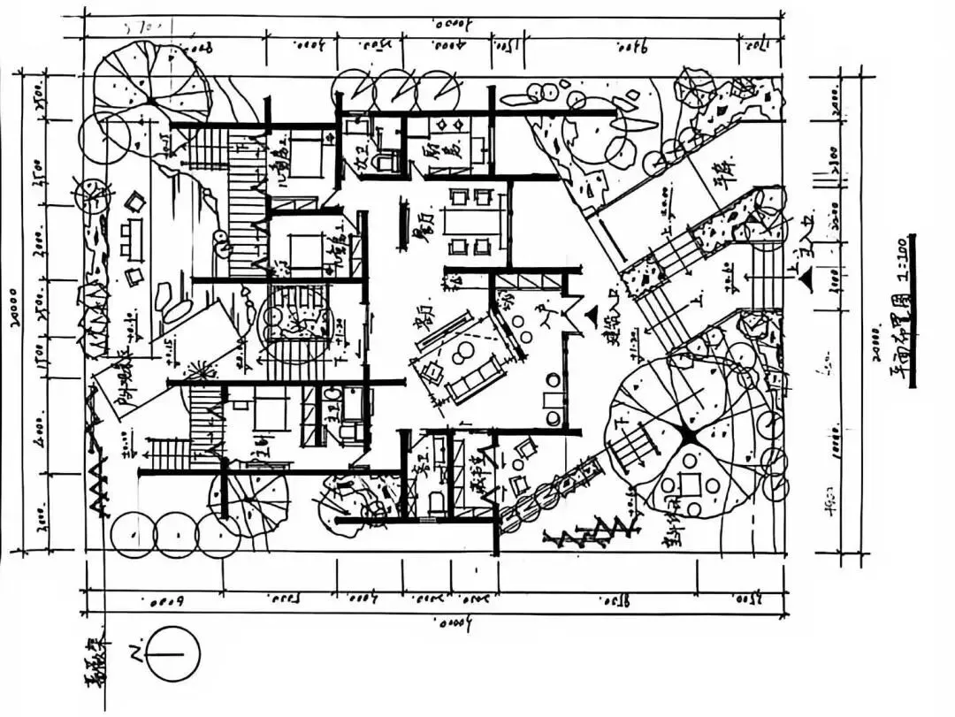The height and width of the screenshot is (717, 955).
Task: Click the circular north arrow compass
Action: [x=173, y=654]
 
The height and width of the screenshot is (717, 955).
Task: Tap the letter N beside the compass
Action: [x=136, y=654]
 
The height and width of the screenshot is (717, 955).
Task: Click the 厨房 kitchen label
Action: [x=432, y=159]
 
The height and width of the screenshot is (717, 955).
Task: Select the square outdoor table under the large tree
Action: [x=691, y=484]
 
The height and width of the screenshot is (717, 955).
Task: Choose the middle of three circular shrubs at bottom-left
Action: [x=176, y=534]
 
